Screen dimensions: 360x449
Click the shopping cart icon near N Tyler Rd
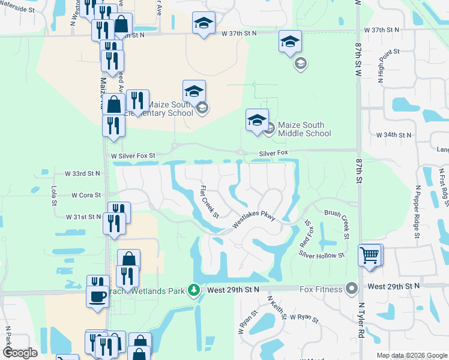370,255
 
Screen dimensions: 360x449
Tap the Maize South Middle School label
305,129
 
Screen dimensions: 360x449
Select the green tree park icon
193,290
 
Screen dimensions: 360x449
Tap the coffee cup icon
98,295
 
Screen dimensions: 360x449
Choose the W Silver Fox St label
133,155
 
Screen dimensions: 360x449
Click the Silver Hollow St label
322,255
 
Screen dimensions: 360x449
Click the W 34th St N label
391,135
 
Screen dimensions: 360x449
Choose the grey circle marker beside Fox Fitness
352,290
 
